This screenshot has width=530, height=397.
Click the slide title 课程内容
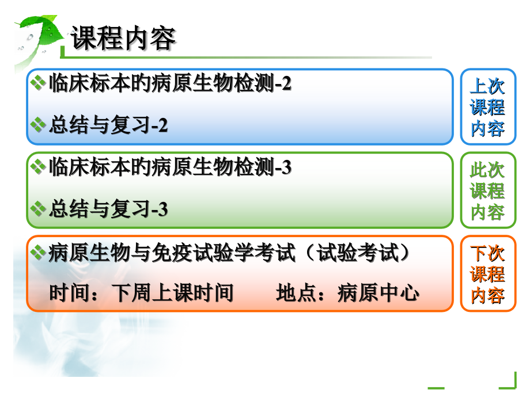[x=123, y=39]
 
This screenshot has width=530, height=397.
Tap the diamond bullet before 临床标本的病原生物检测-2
[x=38, y=84]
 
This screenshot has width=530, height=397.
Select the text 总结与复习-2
[x=108, y=125]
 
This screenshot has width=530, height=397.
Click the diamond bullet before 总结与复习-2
[x=38, y=125]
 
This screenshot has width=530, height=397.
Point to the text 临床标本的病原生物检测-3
[x=171, y=167]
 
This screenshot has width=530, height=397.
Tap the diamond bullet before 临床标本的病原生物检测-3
[x=38, y=167]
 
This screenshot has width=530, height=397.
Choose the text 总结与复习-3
[x=108, y=209]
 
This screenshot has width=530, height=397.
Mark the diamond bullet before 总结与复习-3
[x=38, y=209]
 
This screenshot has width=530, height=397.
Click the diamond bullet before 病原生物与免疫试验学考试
[x=38, y=252]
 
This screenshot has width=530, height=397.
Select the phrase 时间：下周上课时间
[x=141, y=293]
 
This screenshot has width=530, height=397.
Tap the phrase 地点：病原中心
[x=347, y=293]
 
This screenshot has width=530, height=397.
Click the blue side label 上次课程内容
[x=487, y=107]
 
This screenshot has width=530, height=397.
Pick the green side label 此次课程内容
[x=487, y=191]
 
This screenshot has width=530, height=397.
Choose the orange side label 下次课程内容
[x=487, y=274]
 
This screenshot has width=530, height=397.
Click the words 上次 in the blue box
[x=487, y=86]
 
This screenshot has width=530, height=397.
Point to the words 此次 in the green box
[x=487, y=170]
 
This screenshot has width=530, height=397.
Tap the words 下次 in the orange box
[x=487, y=254]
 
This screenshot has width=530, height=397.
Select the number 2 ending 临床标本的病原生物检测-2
[x=286, y=84]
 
